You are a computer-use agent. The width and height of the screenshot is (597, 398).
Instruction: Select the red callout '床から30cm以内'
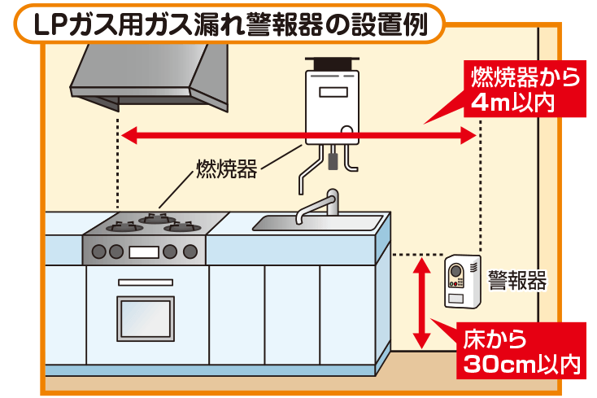point(522,351)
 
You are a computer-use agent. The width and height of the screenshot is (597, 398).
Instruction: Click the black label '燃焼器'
point(226,169)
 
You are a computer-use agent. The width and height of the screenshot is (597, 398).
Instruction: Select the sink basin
point(318,221)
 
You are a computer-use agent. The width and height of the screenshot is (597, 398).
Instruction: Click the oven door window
point(146,318)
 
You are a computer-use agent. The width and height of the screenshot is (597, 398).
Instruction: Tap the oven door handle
point(145,282)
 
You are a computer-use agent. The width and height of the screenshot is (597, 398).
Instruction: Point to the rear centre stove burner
point(155,217)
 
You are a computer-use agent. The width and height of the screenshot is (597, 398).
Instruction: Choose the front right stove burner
point(182,228)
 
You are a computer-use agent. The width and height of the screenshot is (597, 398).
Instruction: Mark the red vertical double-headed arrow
point(421,302)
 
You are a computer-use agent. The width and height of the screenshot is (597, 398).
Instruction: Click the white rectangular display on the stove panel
point(144,251)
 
